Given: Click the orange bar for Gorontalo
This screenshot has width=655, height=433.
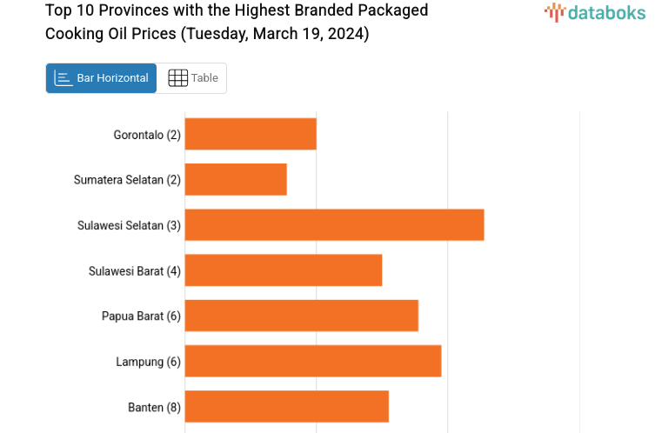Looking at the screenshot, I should tap(251, 134).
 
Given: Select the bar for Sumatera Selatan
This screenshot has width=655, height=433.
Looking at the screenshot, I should tap(236, 179).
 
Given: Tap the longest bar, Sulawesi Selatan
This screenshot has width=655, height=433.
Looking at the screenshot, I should tap(334, 224).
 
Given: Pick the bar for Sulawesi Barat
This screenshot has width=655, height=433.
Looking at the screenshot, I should tap(284, 270).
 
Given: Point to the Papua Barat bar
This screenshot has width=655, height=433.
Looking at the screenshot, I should tap(301, 316).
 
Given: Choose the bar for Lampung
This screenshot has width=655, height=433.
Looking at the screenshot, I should tap(313, 361).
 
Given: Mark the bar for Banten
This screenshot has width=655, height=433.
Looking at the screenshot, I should tap(286, 406).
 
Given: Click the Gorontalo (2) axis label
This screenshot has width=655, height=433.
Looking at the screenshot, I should tap(147, 135).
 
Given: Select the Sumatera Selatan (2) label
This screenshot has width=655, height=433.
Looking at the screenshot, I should tap(127, 180).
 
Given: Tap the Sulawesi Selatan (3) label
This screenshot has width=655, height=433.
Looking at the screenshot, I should tap(129, 225).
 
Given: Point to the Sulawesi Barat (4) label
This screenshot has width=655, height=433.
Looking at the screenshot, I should tap(135, 270).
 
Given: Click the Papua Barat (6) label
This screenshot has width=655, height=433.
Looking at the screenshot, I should tap(141, 316).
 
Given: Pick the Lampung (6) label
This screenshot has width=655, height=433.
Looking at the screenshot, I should tap(148, 362).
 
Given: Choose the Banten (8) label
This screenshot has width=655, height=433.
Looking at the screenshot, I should tap(154, 407).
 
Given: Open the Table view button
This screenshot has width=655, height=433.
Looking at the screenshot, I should tap(192, 78).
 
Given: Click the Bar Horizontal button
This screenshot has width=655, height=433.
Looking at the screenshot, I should tap(101, 78).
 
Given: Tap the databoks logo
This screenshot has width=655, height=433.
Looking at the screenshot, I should tap(595, 12).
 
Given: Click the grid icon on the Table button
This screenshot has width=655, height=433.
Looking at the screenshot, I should tap(177, 78).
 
